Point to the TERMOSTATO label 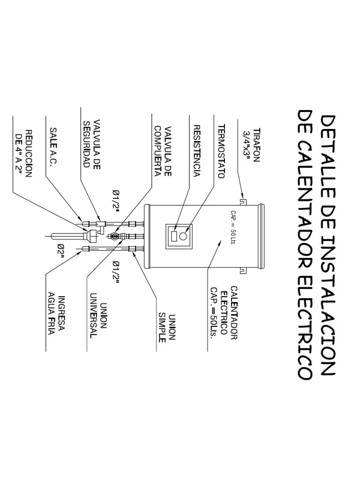(221, 151)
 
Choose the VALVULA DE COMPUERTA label (163, 151)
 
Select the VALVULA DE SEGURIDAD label (91, 144)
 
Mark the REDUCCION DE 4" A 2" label (23, 154)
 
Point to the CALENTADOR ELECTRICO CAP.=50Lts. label (224, 313)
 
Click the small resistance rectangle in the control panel (174, 236)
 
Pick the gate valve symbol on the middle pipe (114, 236)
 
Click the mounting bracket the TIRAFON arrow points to (242, 202)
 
